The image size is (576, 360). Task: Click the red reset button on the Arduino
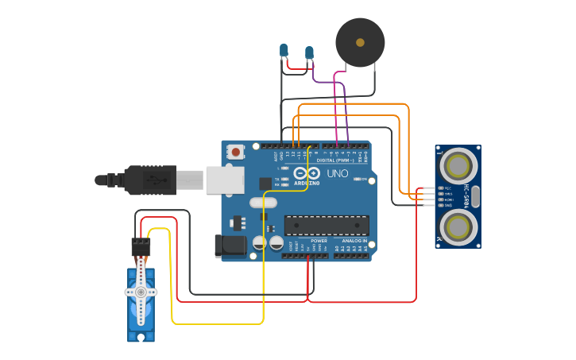coord(236,151)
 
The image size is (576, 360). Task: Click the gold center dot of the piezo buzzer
coord(360,42)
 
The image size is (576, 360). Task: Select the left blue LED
coord(284,51)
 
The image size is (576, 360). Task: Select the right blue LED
coord(309,52)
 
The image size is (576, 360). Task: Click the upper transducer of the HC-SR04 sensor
coord(458,166)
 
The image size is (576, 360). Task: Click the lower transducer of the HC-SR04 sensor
coord(458,226)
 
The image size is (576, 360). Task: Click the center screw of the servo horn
coord(141,292)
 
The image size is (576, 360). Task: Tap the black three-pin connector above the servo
coord(141,246)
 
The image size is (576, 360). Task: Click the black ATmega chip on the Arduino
coord(327,226)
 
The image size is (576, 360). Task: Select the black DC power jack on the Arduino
coord(230,246)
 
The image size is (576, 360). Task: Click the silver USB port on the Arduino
coord(225,180)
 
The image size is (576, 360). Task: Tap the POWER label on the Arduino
coord(319,240)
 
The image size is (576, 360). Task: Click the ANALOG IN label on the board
coord(354,240)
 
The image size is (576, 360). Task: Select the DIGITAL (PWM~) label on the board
coord(336,160)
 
